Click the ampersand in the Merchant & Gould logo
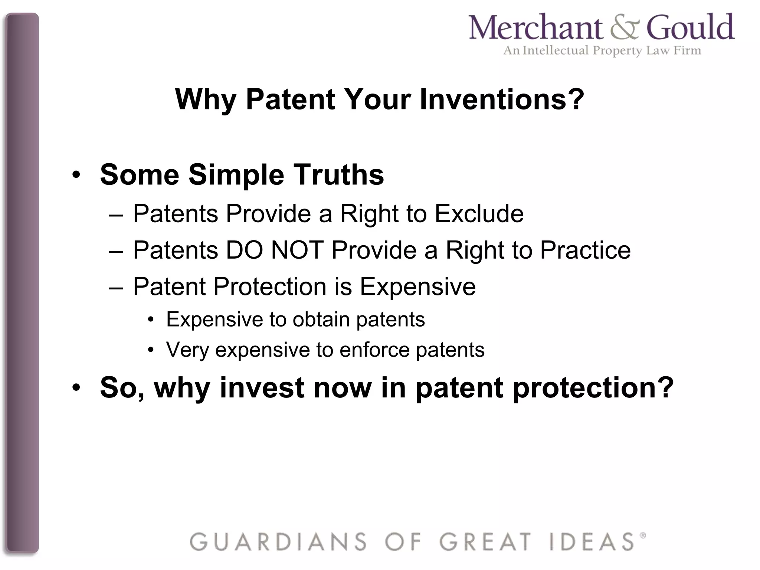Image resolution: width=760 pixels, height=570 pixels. (625, 28)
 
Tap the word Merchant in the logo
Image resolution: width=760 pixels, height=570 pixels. (536, 28)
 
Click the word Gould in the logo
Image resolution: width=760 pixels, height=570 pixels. (691, 28)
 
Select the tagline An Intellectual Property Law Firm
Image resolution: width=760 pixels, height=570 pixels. (602, 50)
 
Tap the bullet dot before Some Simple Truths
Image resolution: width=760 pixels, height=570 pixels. (76, 175)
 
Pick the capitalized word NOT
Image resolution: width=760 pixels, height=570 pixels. (297, 250)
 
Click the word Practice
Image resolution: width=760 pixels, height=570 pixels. (585, 250)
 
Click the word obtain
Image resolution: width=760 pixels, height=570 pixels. (321, 320)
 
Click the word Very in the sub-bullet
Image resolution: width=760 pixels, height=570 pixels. (187, 350)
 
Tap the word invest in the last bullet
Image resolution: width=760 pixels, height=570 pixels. (262, 388)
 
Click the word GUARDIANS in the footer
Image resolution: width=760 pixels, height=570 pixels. (278, 542)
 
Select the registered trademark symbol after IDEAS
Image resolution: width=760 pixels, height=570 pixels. (643, 535)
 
